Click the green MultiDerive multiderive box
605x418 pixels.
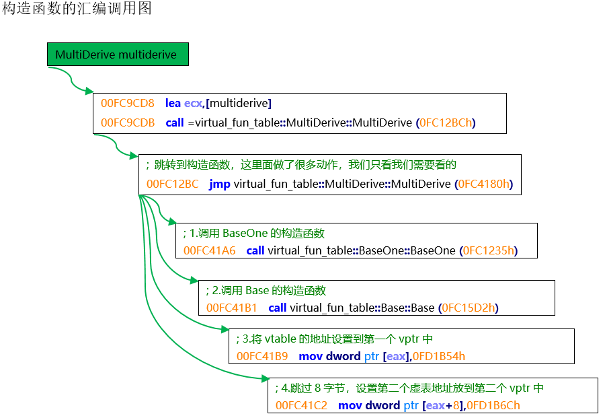click(x=117, y=55)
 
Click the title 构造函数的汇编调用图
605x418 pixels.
click(x=77, y=9)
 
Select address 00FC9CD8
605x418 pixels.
click(x=128, y=104)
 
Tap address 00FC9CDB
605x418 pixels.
click(x=128, y=123)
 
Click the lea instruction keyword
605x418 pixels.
click(x=173, y=104)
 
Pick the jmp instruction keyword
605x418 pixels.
click(x=220, y=184)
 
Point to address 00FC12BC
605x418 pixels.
click(x=173, y=184)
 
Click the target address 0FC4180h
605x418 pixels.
click(x=485, y=184)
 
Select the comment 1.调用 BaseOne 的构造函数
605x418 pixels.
click(x=253, y=234)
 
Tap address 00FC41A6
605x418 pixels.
click(x=210, y=250)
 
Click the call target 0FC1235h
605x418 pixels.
click(x=489, y=250)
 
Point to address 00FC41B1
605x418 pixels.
click(x=232, y=308)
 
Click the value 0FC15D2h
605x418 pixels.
click(x=468, y=308)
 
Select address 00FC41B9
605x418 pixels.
click(x=262, y=355)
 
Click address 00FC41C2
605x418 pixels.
click(x=301, y=405)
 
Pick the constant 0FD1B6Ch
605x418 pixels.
click(x=493, y=405)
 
